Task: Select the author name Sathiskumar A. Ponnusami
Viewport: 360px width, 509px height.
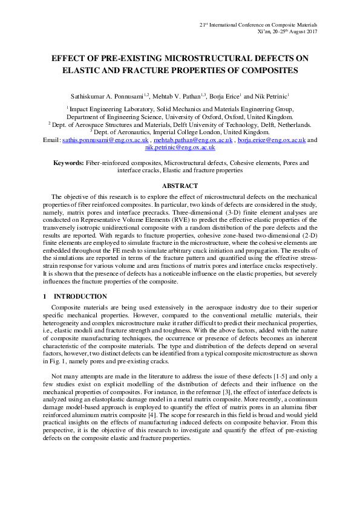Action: [x=112, y=96]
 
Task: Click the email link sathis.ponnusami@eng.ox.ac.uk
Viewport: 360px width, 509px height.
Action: [x=105, y=139]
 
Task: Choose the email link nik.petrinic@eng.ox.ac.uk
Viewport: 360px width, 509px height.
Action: [x=180, y=147]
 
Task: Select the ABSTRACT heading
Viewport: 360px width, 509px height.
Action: [x=180, y=186]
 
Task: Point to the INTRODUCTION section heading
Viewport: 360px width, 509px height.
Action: [x=80, y=297]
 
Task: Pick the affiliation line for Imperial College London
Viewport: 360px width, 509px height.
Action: [x=180, y=131]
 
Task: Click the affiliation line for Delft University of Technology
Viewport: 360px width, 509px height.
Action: [x=180, y=124]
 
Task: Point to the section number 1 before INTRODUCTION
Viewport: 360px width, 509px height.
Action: [x=45, y=297]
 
